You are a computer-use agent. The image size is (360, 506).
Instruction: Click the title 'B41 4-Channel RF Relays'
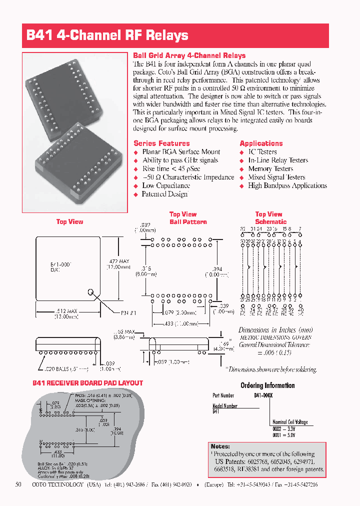[x=107, y=35]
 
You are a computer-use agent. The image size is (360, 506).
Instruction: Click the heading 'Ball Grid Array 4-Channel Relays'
[x=189, y=55]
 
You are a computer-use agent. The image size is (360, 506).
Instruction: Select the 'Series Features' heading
[x=161, y=143]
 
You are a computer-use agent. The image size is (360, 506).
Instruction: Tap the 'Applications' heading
[x=261, y=143]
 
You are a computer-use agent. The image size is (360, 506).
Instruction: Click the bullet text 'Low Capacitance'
[x=165, y=185]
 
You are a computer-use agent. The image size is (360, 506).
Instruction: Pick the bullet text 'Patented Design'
[x=164, y=194]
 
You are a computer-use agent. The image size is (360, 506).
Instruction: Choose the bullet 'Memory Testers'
[x=270, y=168]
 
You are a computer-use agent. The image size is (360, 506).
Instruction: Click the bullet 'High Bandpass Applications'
[x=287, y=185]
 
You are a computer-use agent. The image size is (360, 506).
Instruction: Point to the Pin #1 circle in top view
[x=91, y=292]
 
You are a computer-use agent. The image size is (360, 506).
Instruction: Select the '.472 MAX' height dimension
[x=119, y=260]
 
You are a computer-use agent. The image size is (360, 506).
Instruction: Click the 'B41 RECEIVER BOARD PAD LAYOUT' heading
[x=87, y=383]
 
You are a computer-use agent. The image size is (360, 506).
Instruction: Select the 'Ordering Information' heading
[x=267, y=385]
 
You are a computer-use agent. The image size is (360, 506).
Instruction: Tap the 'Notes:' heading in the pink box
[x=220, y=446]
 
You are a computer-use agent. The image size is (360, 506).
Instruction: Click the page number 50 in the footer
[x=18, y=485]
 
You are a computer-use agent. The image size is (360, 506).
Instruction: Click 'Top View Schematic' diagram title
[x=270, y=218]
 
